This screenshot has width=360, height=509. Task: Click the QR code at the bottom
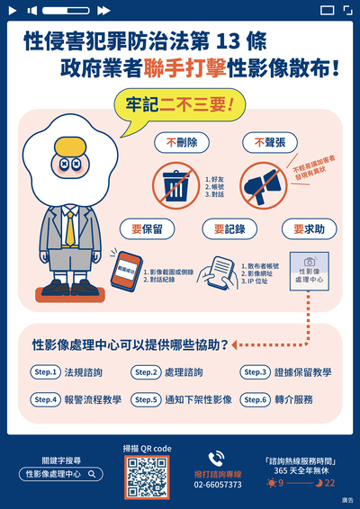pyautogui.click(x=145, y=477)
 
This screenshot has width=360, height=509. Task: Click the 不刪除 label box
pyautogui.click(x=182, y=142)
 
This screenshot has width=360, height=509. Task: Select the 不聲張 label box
pyautogui.click(x=269, y=142)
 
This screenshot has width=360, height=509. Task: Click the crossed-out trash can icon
pyautogui.click(x=176, y=184)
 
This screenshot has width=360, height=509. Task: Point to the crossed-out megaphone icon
pyautogui.click(x=265, y=184)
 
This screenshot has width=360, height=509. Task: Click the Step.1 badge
pyautogui.click(x=45, y=371)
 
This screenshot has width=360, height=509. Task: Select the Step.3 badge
pyautogui.click(x=256, y=371)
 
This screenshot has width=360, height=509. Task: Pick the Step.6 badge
pyautogui.click(x=256, y=399)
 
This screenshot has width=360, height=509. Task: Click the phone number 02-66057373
pyautogui.click(x=218, y=485)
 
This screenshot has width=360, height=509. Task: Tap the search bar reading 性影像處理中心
pyautogui.click(x=61, y=473)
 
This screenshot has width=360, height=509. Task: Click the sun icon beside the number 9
pyautogui.click(x=272, y=483)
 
